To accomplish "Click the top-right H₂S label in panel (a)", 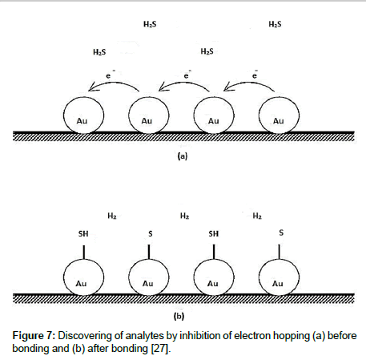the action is [275, 24].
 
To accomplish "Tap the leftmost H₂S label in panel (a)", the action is [99, 52].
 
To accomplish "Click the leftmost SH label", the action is [83, 234].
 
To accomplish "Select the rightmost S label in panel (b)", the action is [281, 233].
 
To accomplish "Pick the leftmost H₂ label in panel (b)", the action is [112, 216].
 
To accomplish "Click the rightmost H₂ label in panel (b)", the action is [257, 216].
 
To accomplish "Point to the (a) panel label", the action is [183, 156].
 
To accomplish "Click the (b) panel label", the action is [179, 316].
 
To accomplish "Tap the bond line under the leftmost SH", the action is [84, 253].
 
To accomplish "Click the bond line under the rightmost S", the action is [280, 252].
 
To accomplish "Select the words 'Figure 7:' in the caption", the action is [34, 335].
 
